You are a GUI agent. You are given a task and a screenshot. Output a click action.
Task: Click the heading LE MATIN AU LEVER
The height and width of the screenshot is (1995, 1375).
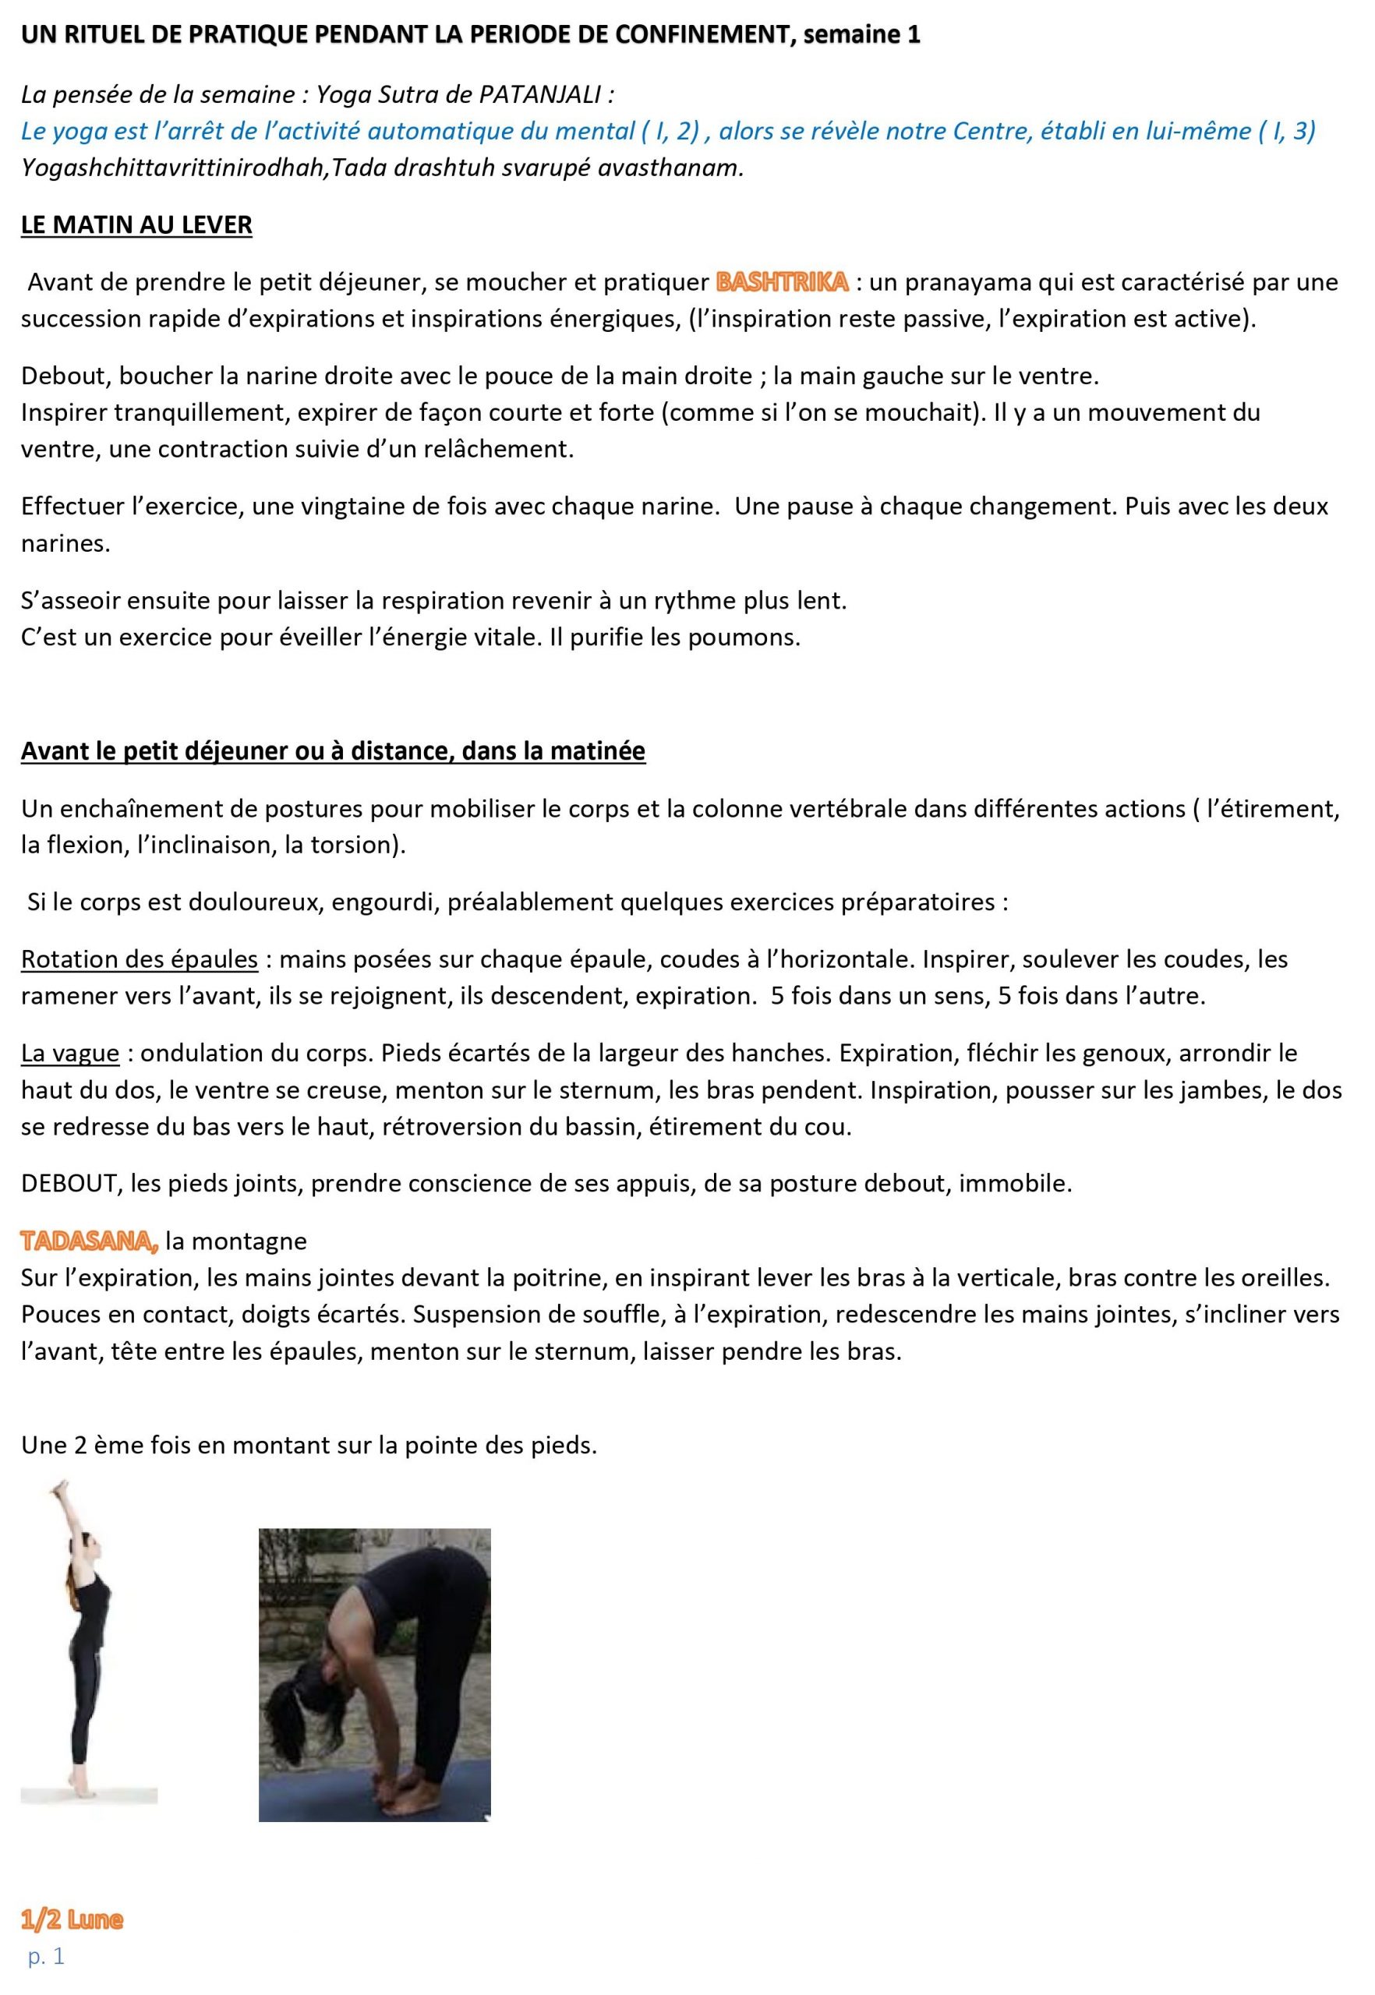[x=137, y=224]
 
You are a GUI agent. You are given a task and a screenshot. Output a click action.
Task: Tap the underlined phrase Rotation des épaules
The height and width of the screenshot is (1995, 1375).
[x=140, y=959]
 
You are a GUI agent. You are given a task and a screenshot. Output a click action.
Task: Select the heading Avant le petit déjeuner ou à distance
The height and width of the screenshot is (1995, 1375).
[x=334, y=751]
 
